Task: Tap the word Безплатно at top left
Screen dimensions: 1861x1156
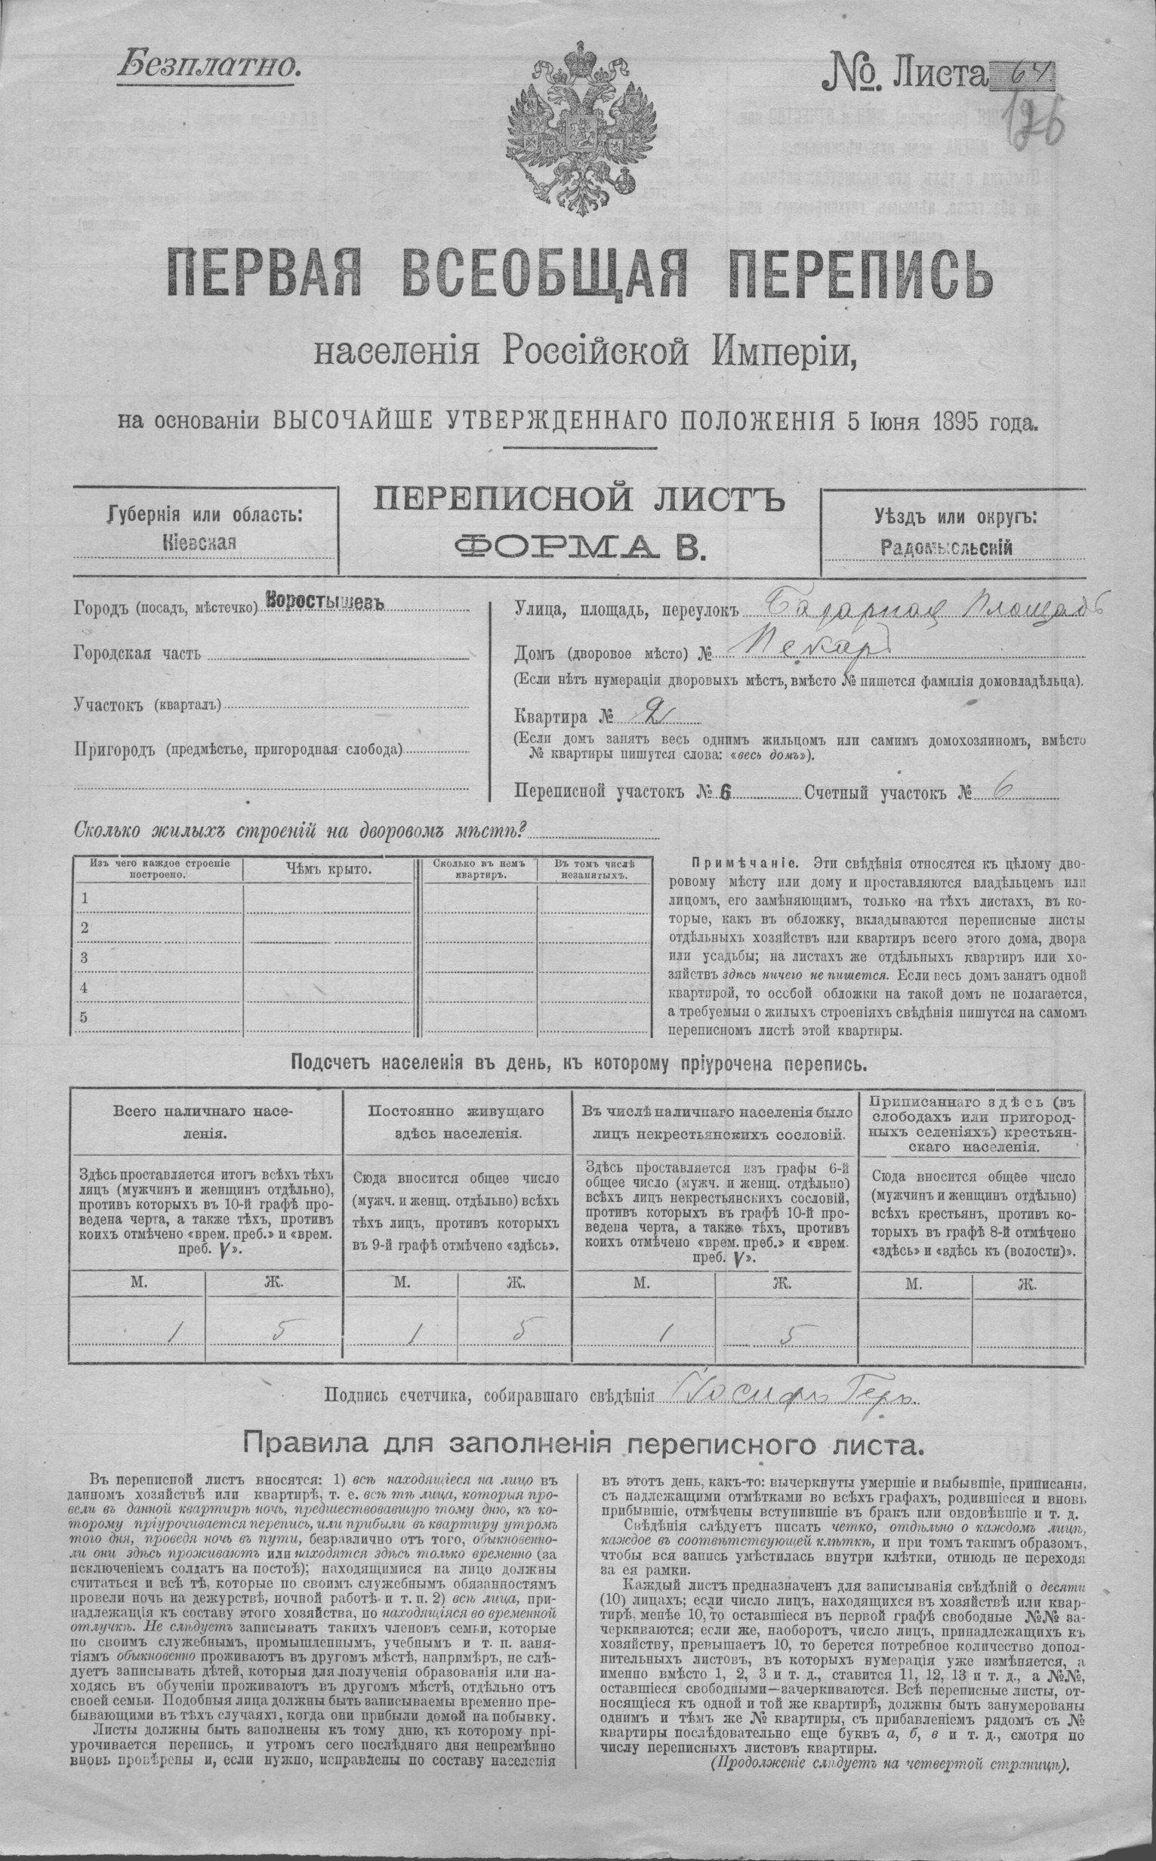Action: (206, 66)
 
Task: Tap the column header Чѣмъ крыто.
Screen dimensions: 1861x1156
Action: (329, 869)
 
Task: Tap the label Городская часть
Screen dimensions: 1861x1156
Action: (137, 653)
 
